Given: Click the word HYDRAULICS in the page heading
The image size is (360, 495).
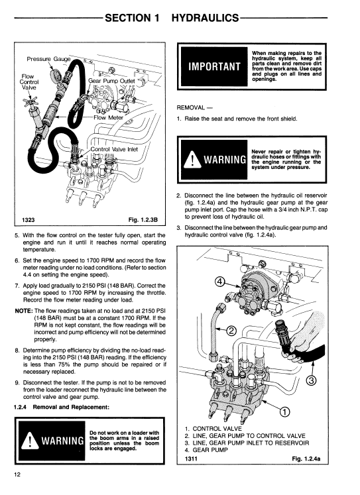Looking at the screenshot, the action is coord(205,18).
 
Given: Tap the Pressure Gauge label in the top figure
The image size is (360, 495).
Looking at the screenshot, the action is coord(48,59).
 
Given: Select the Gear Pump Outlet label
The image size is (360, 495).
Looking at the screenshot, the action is coord(111,81).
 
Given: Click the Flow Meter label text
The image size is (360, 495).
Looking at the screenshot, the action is coord(108,117).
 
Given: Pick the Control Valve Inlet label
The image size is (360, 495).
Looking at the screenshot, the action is coord(114,149).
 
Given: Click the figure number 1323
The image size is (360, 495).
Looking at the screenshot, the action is coord(28,220).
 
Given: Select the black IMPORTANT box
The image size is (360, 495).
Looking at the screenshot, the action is coord(214,66).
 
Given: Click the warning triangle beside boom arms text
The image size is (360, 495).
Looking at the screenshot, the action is coord(29,440).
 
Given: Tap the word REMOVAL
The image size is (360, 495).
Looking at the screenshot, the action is coord(191,107).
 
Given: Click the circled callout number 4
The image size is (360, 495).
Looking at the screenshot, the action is coord(220,281).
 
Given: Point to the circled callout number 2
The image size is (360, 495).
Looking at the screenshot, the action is coord(231,331).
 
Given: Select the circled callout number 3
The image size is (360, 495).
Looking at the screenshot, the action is coord(311,381).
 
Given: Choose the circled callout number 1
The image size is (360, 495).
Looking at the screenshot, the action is coord(284,412).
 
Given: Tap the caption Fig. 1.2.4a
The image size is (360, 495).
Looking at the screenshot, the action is coord(306,459).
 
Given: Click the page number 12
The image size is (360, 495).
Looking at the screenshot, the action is coord(17,474).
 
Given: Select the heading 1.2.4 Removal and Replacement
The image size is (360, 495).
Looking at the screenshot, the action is coord(62,407).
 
